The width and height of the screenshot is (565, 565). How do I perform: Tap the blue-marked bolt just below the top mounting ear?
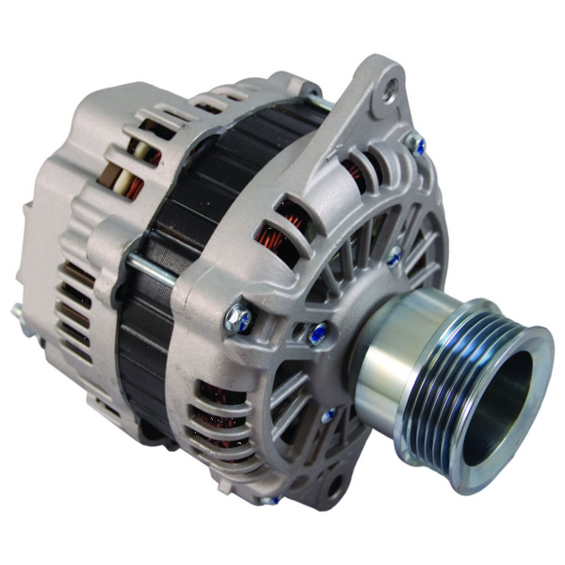[415, 144]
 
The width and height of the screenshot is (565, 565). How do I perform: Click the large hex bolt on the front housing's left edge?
[238, 318]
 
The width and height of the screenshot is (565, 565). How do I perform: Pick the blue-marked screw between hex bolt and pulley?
[321, 331]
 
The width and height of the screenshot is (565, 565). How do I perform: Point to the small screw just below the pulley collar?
[329, 414]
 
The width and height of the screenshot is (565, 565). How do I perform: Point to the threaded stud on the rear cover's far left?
[18, 311]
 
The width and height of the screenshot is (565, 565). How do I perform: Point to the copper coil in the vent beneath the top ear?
[356, 172]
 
